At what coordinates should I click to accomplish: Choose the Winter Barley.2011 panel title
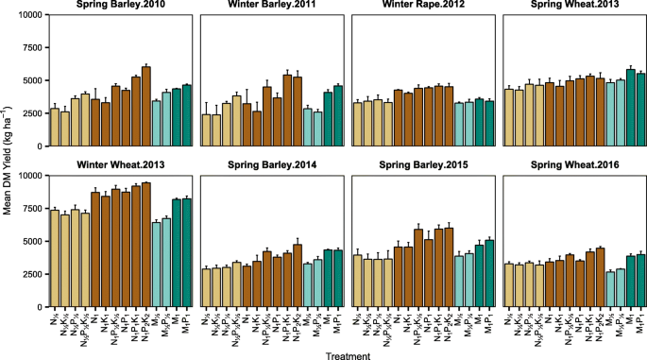[272, 7]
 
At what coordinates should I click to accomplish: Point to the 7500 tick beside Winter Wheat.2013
[31, 209]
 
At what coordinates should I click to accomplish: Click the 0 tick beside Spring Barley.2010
[39, 146]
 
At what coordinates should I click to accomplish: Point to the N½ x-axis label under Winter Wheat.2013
[54, 316]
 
